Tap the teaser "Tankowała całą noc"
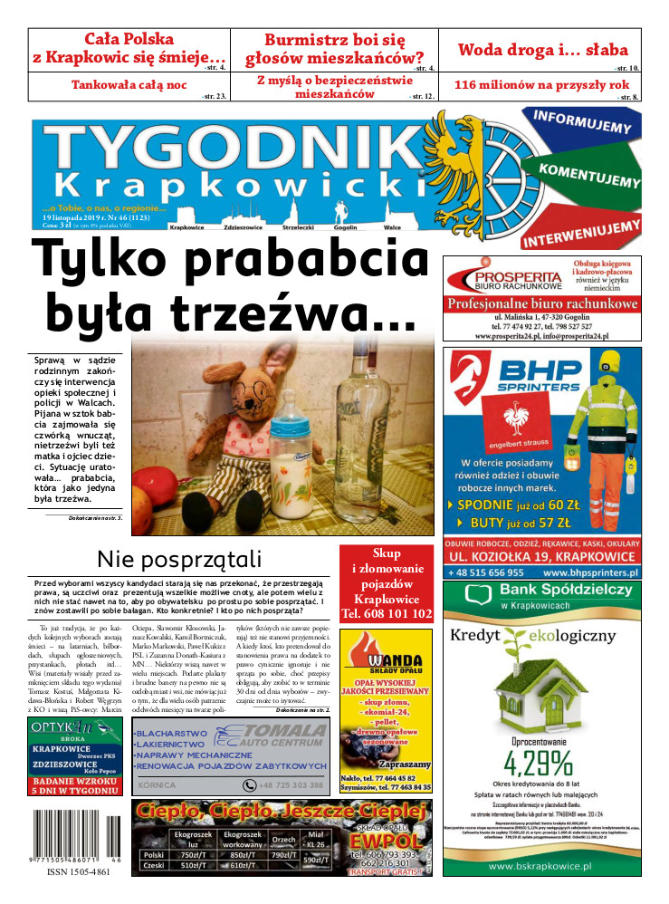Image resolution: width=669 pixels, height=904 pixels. [x=129, y=86]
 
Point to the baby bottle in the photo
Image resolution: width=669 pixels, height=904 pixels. [x=296, y=452]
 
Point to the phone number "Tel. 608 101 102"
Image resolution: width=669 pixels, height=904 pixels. [x=387, y=614]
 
